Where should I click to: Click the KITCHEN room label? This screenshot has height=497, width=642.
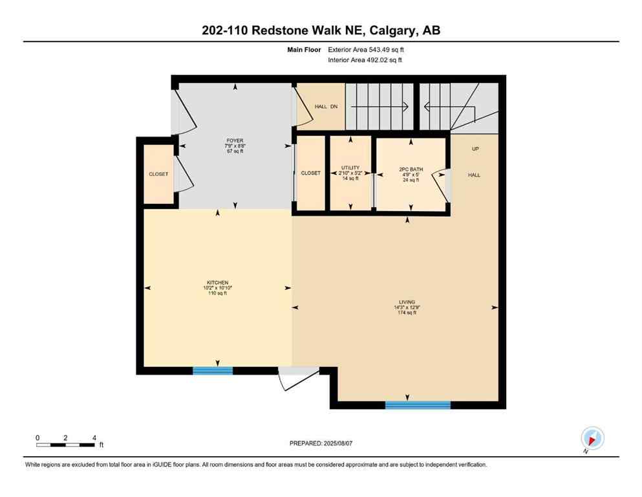tap(217, 282)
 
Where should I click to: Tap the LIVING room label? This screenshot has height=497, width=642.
tap(407, 302)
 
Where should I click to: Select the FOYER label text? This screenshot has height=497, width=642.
tap(234, 140)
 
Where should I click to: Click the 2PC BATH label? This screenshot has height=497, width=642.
tap(411, 169)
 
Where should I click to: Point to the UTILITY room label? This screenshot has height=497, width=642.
tap(350, 168)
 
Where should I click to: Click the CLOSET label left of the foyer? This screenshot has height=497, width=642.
tap(158, 174)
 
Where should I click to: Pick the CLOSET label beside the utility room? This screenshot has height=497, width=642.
tap(310, 173)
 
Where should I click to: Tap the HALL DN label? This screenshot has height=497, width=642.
tap(326, 107)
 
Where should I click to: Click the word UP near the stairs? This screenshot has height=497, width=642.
tap(475, 149)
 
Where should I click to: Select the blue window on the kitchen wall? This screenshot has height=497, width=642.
tap(213, 371)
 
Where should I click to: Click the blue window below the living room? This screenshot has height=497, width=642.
tap(418, 405)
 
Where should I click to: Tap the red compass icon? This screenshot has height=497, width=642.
tap(592, 439)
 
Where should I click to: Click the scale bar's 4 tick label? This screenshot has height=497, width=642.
tap(94, 438)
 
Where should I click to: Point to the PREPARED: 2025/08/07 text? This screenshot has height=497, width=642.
tap(321, 443)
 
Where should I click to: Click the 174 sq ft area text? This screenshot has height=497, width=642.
tap(407, 313)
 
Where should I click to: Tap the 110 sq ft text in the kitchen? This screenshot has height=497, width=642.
tap(217, 293)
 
